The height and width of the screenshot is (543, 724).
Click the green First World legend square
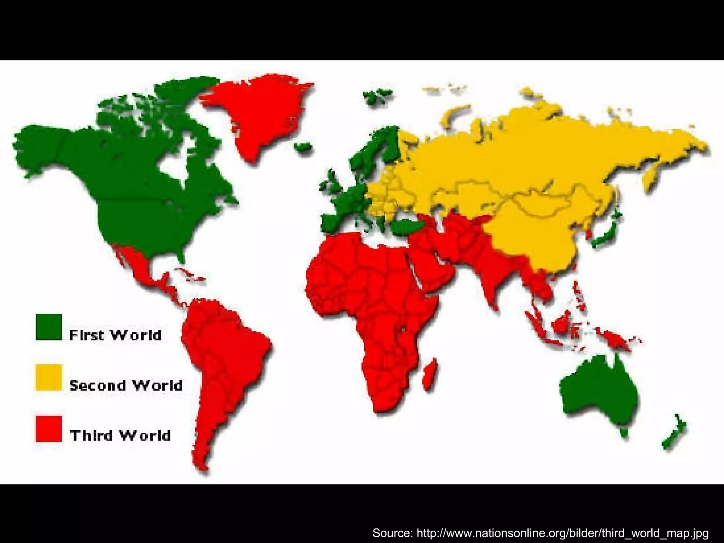[x=49, y=327]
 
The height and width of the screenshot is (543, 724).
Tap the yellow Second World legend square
[x=49, y=378]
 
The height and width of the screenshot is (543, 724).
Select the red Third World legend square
[x=49, y=428]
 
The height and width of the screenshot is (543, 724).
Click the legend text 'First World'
[x=115, y=335]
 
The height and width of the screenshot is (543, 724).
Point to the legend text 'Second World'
[x=126, y=385]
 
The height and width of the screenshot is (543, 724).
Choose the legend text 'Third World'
[x=120, y=436]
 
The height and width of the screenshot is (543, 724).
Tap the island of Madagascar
[x=430, y=375]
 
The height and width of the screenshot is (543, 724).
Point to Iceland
[x=303, y=147]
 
